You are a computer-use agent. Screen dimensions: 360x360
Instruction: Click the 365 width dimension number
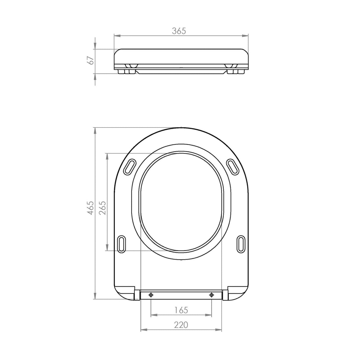coord(179,31)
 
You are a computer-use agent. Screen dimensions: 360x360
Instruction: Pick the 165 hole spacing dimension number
coord(181,310)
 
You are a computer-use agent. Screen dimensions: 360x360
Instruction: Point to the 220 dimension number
coord(181,325)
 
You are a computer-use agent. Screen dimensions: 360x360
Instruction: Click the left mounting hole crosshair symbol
coord(151,295)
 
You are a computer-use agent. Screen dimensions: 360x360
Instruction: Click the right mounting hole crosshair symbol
coord(211,295)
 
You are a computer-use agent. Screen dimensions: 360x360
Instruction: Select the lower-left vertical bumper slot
coord(122,245)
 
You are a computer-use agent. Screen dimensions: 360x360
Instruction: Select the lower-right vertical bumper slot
coord(241,245)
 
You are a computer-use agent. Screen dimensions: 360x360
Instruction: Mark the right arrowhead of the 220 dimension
coord(219,330)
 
